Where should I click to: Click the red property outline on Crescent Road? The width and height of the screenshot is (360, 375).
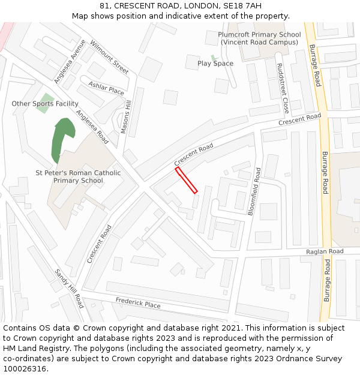[186, 181]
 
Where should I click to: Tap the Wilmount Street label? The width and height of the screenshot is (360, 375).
[109, 58]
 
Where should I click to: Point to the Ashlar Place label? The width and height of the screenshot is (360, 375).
[106, 88]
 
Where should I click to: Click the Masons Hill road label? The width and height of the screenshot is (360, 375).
[125, 118]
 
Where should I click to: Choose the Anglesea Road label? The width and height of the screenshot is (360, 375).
[92, 127]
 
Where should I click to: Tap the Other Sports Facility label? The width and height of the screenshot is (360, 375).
[45, 104]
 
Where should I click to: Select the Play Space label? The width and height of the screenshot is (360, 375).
[215, 64]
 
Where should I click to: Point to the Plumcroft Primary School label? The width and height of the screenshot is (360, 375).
[259, 38]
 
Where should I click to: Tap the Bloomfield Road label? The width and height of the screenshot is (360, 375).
[254, 191]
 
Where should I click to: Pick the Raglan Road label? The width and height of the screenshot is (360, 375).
[325, 251]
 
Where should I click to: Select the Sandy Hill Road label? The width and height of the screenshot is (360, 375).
[69, 289]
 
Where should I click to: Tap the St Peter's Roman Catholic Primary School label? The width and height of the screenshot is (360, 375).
[78, 177]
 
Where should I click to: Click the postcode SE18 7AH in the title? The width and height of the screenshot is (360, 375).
[246, 6]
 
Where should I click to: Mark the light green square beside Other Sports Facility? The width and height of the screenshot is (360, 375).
[47, 99]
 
